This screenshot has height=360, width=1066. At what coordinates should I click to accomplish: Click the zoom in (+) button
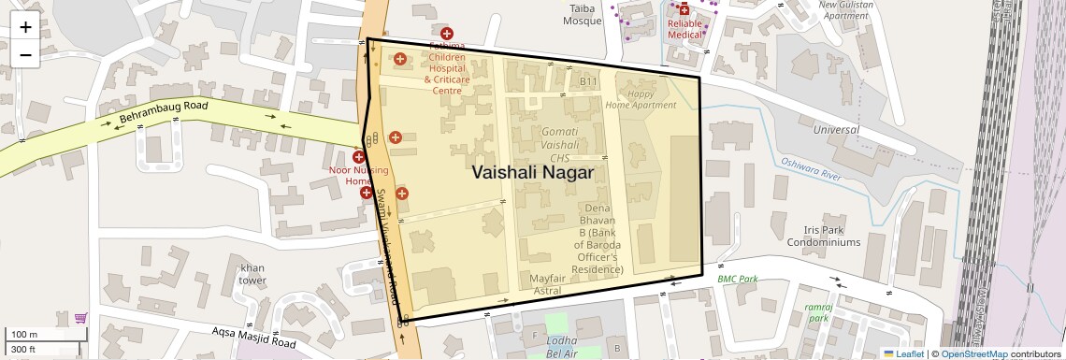pyautogui.click(x=25, y=27)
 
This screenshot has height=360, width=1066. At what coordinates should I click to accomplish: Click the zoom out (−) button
pyautogui.click(x=25, y=54)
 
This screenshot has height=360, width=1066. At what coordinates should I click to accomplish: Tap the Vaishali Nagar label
pyautogui.click(x=532, y=173)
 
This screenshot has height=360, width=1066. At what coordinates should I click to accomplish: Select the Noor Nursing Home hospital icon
pyautogui.click(x=358, y=157)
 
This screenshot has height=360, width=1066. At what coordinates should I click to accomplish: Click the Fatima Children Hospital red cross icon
pyautogui.click(x=447, y=34)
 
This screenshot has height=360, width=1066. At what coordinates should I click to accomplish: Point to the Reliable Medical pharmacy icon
pyautogui.click(x=684, y=10)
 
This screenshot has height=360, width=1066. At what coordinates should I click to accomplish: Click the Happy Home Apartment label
pyautogui.click(x=641, y=99)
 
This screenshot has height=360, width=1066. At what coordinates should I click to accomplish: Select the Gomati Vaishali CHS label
pyautogui.click(x=572, y=147)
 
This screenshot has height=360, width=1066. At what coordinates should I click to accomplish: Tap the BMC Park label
pyautogui.click(x=737, y=279)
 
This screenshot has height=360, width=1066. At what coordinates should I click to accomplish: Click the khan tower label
pyautogui.click(x=252, y=273)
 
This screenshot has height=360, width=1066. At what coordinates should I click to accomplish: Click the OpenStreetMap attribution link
pyautogui.click(x=973, y=354)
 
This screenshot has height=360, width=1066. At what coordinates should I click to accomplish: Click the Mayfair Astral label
pyautogui.click(x=547, y=284)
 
